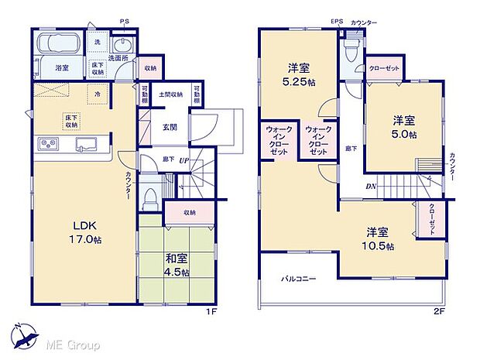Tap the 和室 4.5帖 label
point(174,266)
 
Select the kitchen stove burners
point(48,145)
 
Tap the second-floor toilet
point(351,51)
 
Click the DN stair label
point(372,187)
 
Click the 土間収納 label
point(171,94)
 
